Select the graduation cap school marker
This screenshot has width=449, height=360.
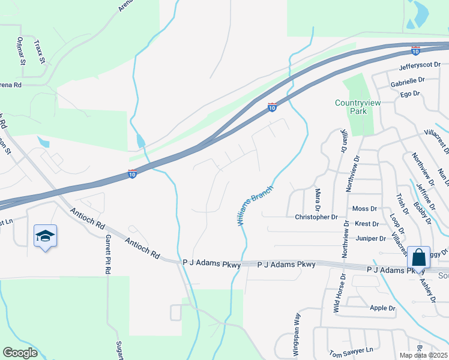pos(45,237)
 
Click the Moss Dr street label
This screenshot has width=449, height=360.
pos(365,209)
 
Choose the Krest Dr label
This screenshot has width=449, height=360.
pos(367,224)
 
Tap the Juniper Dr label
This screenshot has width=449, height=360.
pos(370,238)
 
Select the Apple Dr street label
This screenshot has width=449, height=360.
pos(382,308)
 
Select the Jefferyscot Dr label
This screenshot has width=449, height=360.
pos(420,64)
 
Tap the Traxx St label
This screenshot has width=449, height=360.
pos(40,52)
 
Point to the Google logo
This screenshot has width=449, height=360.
pos(20,352)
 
